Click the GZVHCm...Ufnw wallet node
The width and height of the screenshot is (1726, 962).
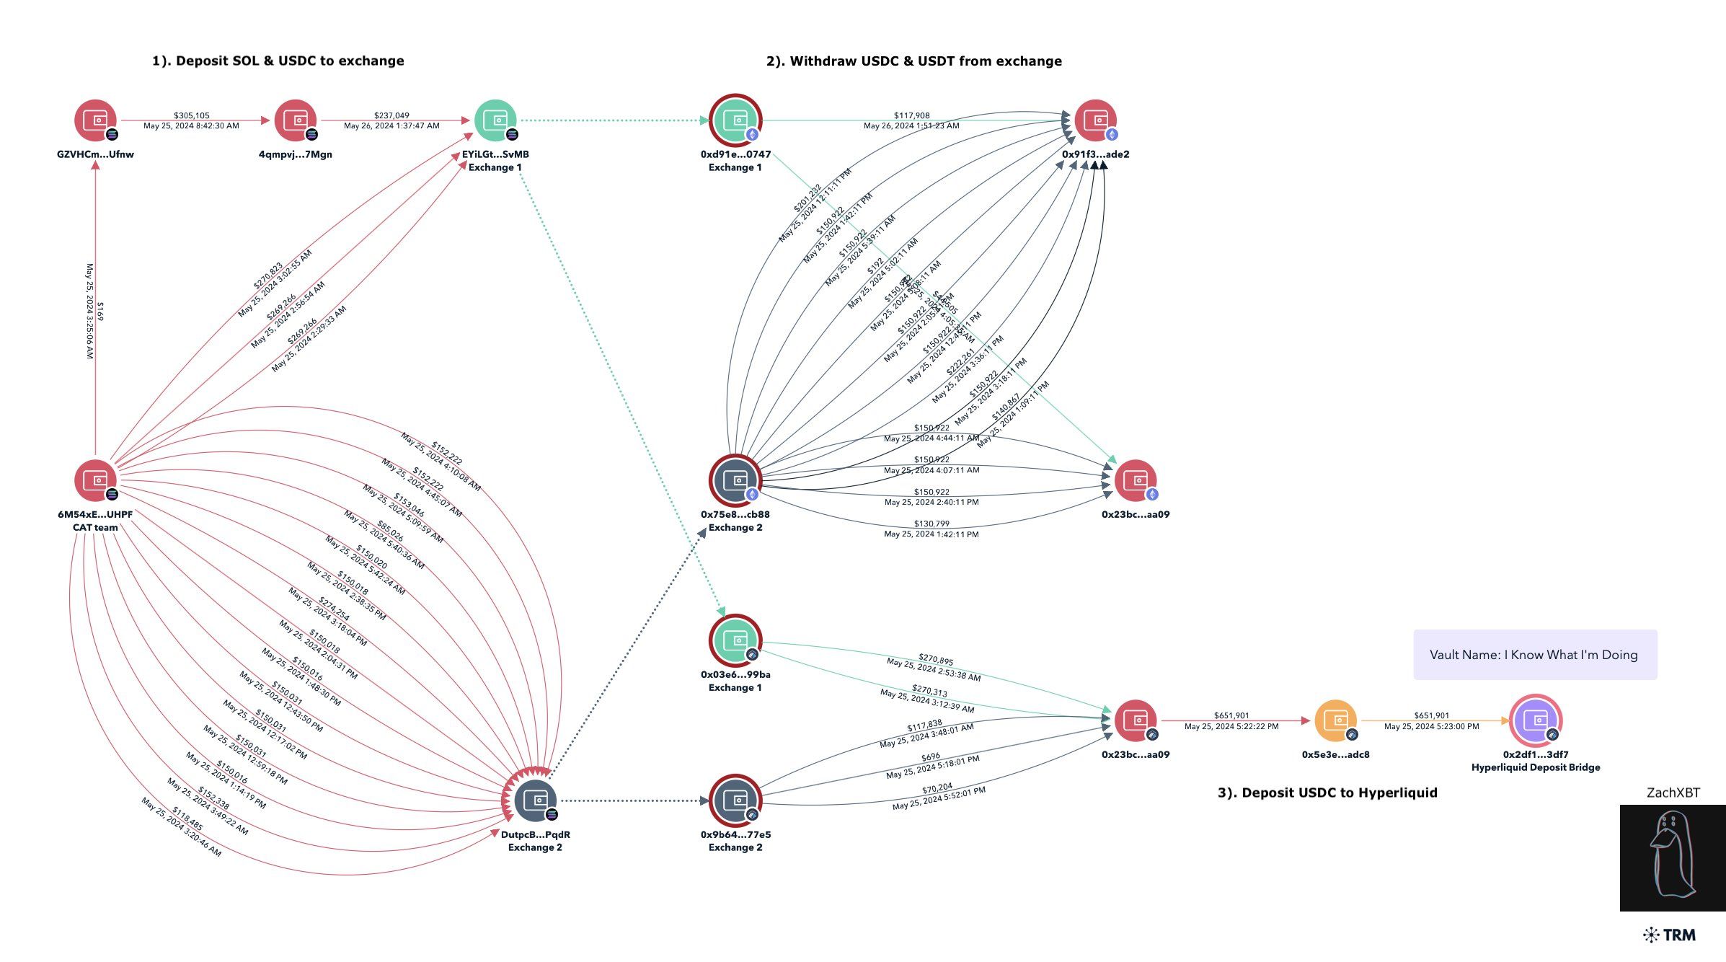(x=95, y=120)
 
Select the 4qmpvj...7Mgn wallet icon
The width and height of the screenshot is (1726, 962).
(x=296, y=120)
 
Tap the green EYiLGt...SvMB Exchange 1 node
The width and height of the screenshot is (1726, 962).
(x=495, y=120)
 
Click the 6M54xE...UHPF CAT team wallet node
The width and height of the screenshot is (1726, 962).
(x=95, y=480)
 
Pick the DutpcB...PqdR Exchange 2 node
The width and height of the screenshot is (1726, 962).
(x=535, y=800)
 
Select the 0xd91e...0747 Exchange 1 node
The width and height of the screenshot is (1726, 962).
(x=735, y=120)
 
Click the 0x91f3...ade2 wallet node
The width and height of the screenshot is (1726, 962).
(x=1096, y=120)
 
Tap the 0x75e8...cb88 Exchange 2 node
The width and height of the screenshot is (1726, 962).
(x=735, y=480)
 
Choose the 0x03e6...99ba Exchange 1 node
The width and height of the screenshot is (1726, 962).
(x=735, y=640)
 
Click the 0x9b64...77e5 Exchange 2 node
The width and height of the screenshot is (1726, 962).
(x=735, y=800)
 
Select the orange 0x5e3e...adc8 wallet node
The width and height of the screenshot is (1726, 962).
(x=1335, y=720)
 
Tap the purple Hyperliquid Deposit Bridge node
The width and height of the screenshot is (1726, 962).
(x=1536, y=720)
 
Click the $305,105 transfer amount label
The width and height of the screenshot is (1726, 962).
(x=191, y=115)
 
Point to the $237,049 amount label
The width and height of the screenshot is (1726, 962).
(x=391, y=115)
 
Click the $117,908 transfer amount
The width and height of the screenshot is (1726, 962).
(x=911, y=115)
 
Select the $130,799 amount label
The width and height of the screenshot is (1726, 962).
(x=931, y=524)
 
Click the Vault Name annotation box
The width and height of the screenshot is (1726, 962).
(x=1535, y=655)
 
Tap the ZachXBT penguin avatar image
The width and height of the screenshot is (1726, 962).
(x=1672, y=858)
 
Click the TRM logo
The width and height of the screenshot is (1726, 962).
(x=1670, y=935)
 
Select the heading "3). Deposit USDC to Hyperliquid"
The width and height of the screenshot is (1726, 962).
(x=1327, y=793)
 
